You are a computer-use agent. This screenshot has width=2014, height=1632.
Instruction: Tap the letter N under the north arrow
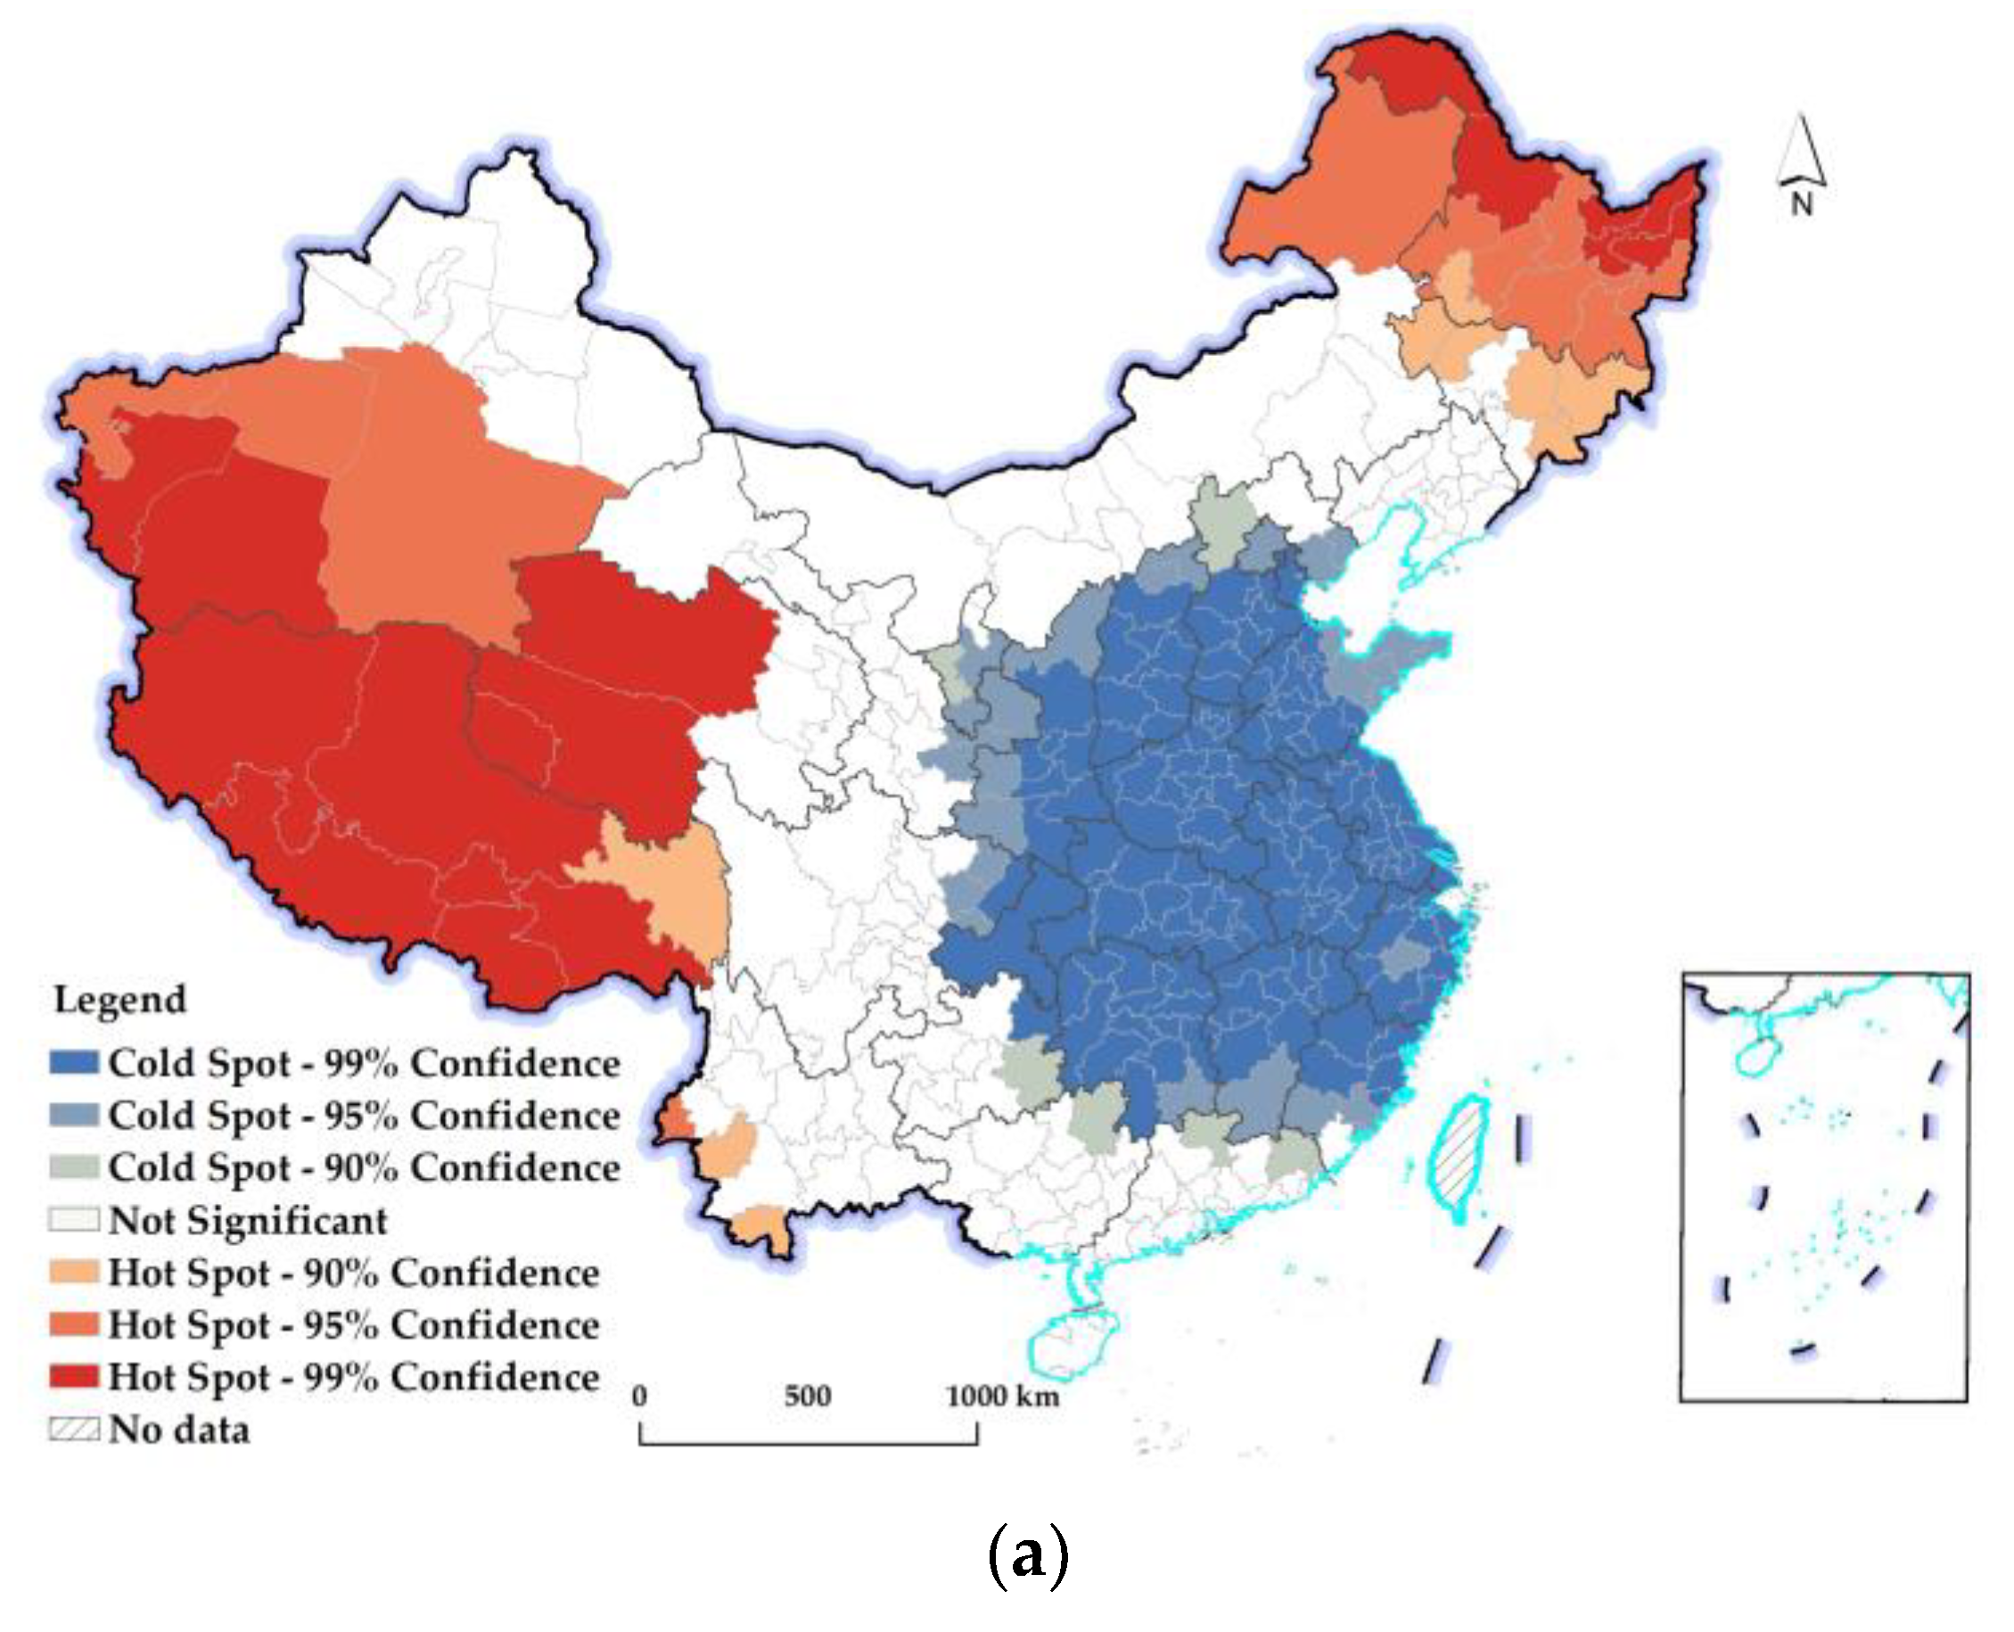(1801, 203)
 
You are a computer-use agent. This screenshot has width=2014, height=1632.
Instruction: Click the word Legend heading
(120, 1000)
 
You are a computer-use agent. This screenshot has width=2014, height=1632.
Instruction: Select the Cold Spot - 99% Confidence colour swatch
(73, 1063)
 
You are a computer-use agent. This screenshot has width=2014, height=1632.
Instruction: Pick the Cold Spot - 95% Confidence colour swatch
(73, 1116)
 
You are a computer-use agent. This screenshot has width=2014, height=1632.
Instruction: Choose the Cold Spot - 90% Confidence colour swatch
(73, 1167)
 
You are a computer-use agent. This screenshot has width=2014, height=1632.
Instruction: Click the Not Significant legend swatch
(73, 1220)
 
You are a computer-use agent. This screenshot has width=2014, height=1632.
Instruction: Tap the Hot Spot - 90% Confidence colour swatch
(73, 1273)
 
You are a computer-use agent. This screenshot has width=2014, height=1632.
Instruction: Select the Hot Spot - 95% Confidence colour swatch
(73, 1324)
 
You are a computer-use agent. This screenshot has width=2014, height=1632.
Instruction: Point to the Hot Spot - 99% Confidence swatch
(73, 1377)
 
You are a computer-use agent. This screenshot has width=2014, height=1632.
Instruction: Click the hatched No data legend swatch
(73, 1430)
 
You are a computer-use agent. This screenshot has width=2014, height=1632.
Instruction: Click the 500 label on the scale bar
(807, 1396)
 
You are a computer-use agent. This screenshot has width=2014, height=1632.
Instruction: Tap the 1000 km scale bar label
(1002, 1396)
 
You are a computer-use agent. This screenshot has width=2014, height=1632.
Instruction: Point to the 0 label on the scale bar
(640, 1396)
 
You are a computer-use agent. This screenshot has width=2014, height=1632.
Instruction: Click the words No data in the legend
(179, 1430)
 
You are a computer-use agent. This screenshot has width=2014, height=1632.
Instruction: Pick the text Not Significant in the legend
(248, 1220)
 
